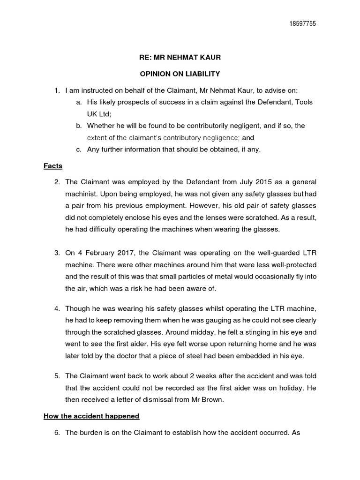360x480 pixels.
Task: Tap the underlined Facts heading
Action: [53, 166]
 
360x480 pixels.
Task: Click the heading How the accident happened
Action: [91, 416]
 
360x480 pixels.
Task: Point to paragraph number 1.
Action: [57, 90]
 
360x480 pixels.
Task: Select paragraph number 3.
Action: [57, 253]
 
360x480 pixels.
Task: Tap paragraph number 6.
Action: [57, 433]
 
